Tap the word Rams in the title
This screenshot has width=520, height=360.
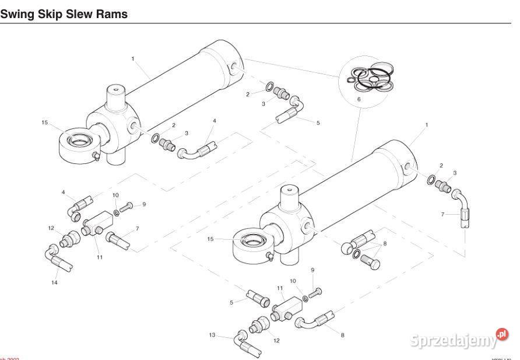pos(112,13)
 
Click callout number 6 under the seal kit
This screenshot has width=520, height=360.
pos(359,100)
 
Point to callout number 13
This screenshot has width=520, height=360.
pos(213,335)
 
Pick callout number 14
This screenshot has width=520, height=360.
pos(55,282)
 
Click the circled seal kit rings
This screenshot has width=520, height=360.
pos(370,79)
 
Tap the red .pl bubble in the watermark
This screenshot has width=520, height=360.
pos(501,334)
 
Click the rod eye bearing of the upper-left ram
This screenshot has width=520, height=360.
pos(78,140)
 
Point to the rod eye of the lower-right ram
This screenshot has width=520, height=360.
pos(252,240)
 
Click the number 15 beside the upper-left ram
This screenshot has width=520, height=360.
pos(44,123)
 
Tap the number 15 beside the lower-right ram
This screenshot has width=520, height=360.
pos(210,239)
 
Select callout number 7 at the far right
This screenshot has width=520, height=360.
pos(443,215)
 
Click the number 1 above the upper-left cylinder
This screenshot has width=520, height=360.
pos(133,58)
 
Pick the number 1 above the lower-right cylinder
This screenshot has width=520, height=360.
pos(427,125)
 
